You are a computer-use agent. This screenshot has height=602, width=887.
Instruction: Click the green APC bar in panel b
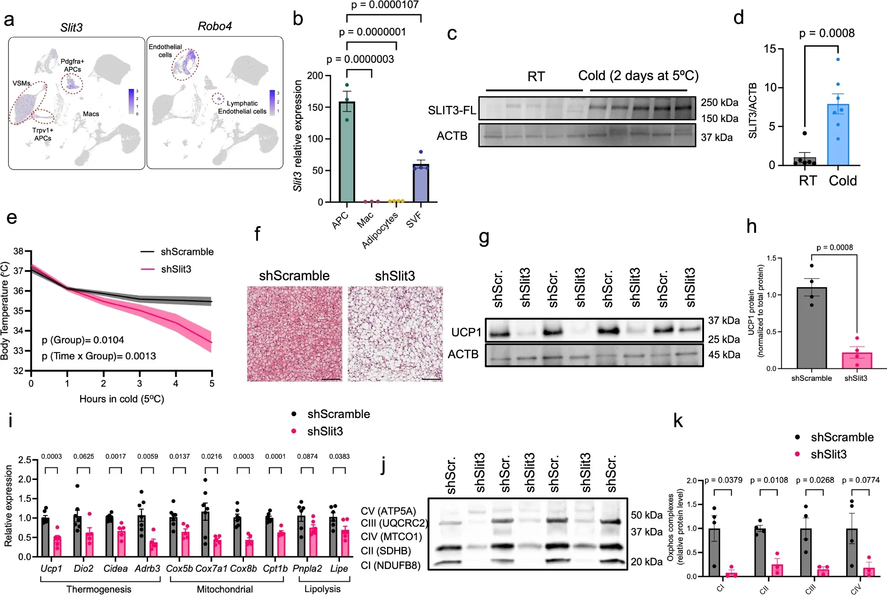(347, 153)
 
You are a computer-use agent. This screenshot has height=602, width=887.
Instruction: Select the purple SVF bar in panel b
(421, 184)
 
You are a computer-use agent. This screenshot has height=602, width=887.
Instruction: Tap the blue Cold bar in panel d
(838, 135)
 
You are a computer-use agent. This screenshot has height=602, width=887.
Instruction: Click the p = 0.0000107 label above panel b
(384, 5)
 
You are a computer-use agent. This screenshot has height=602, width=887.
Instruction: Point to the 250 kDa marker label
(719, 102)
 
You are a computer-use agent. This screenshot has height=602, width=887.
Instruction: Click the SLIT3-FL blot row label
(452, 110)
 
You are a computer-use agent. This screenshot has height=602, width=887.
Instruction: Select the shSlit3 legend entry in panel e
(176, 269)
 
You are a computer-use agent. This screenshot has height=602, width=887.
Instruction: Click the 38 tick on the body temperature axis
(18, 251)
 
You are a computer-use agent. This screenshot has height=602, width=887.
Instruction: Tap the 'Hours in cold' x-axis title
(122, 399)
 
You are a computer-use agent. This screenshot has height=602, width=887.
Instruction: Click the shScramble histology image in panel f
(295, 334)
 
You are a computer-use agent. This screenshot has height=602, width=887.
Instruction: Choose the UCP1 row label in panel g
(466, 332)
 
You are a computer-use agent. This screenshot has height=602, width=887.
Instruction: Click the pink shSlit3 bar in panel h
(857, 360)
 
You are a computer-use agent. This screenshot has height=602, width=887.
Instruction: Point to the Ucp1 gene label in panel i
(51, 568)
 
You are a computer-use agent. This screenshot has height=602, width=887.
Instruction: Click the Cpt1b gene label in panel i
(275, 568)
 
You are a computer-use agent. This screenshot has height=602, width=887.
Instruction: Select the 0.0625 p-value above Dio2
(83, 456)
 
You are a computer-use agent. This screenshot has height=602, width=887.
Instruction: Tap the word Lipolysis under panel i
(322, 589)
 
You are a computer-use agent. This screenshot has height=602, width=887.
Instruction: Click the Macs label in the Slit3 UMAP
(91, 114)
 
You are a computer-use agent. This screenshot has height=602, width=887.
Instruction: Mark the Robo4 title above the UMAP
(214, 26)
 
